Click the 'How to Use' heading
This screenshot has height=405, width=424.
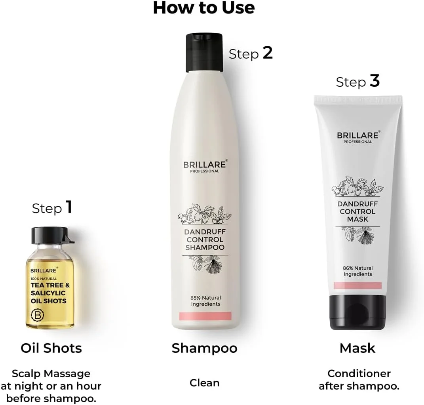[x=203, y=8]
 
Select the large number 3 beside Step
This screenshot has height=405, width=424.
[x=375, y=81]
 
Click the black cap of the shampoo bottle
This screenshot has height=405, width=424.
[x=204, y=53]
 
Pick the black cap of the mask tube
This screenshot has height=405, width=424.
[x=357, y=312]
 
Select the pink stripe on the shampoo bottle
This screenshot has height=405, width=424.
[x=205, y=316]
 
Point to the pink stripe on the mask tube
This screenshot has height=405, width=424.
[x=357, y=285]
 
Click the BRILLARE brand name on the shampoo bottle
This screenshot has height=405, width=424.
[x=205, y=164]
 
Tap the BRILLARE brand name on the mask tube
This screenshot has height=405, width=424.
[x=358, y=135]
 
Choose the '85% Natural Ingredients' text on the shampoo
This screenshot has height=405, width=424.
[x=205, y=300]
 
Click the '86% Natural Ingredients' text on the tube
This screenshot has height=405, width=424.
[x=358, y=271]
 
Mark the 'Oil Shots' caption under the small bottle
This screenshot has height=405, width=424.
[x=51, y=348]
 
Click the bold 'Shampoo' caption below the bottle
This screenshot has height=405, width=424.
[x=204, y=348]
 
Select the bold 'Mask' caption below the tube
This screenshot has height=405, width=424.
[x=357, y=348]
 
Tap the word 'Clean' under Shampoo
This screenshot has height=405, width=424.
[x=204, y=383]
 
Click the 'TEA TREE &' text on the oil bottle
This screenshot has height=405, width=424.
[x=50, y=285]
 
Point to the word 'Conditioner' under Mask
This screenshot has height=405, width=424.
[x=359, y=373]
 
